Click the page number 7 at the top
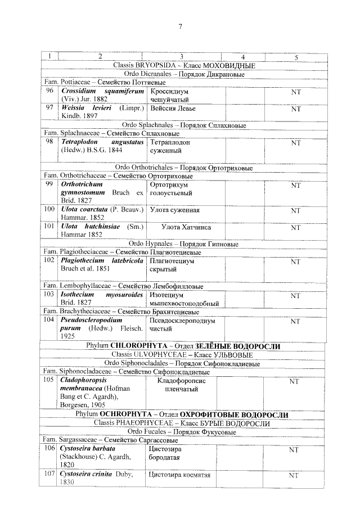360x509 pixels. click(x=181, y=26)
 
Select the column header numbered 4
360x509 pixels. click(x=242, y=56)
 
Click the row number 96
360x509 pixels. click(x=49, y=90)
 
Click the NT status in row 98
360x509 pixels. click(x=295, y=143)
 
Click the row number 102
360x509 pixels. click(x=49, y=260)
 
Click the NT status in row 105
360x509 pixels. click(x=293, y=381)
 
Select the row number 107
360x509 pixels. click(x=50, y=475)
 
